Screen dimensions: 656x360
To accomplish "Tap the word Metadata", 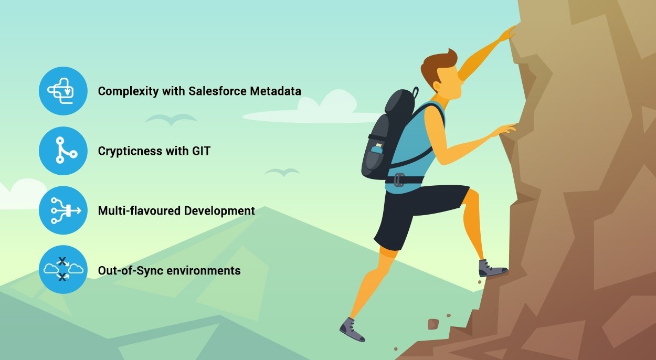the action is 276,91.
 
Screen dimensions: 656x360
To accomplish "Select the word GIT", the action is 201,151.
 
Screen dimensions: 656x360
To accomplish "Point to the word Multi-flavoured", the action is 139,211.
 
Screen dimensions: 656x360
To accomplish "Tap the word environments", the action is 204,271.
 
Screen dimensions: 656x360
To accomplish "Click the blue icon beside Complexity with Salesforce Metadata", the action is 63,91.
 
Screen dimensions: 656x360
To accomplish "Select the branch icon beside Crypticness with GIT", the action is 63,151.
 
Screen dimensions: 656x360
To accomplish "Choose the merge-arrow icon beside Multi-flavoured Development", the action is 63,210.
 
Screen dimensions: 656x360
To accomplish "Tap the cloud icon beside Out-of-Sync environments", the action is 63,270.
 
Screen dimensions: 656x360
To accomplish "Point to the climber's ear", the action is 437,87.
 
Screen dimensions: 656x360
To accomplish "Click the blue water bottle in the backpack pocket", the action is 377,149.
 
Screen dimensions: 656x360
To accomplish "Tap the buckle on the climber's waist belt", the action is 399,179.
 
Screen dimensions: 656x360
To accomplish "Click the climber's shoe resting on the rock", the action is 492,269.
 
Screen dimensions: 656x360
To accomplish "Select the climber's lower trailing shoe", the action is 352,330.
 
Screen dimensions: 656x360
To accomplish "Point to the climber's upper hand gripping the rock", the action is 509,34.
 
